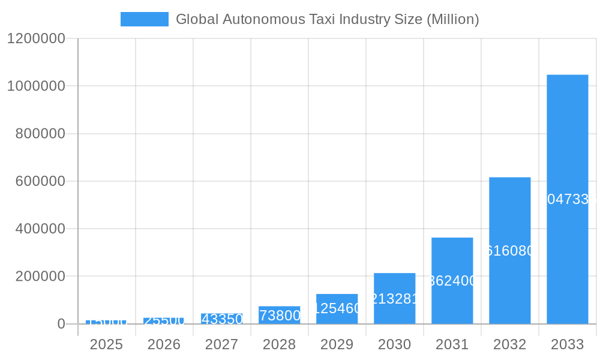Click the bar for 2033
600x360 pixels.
[567, 199]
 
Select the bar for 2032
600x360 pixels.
[509, 250]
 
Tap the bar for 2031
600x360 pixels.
[452, 280]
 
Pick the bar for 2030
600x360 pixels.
[394, 298]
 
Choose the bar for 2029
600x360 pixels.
[337, 308]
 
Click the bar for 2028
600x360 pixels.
[279, 315]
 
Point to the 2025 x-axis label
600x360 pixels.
[106, 344]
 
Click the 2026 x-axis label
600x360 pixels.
[164, 344]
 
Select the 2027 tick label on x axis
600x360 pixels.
[221, 344]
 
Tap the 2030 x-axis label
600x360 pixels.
[394, 344]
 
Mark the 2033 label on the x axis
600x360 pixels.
[567, 344]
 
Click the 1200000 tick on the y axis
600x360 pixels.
[35, 38]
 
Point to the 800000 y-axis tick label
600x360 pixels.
[40, 134]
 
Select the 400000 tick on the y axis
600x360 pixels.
[40, 229]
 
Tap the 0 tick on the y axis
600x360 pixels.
[61, 324]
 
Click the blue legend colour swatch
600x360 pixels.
[144, 19]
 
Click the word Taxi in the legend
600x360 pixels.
[321, 19]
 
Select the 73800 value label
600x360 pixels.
[279, 316]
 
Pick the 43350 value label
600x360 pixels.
[221, 319]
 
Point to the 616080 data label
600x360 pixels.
[509, 251]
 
